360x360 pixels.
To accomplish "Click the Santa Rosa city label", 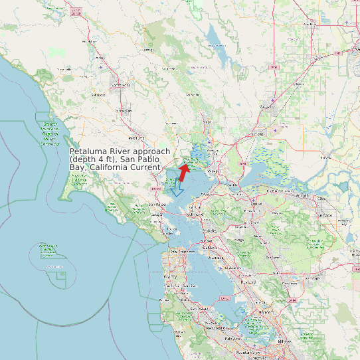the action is point(122,85).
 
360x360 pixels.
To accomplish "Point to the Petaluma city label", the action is point(136,138).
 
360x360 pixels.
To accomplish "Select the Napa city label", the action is point(207,122).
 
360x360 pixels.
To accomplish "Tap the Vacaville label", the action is point(267,106).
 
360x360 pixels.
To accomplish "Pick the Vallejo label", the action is point(213,172).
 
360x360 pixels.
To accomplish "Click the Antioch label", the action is point(303,196).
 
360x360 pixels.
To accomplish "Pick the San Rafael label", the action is point(157,204).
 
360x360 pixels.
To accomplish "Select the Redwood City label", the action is point(218,327).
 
